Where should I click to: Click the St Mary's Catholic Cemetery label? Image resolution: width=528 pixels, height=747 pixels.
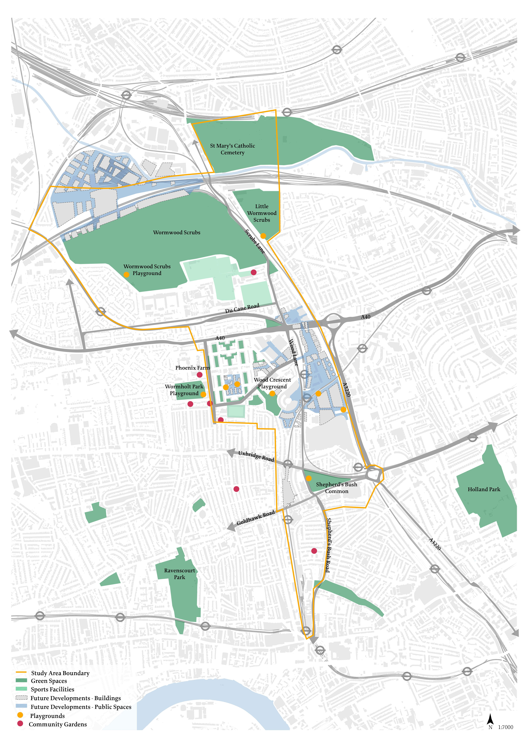tap(232, 149)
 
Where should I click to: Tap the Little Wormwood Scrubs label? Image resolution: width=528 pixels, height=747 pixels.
tap(262, 213)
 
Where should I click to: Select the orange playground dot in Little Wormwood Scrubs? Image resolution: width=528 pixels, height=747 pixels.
tap(263, 236)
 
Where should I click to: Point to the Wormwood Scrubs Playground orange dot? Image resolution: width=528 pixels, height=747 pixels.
tap(126, 275)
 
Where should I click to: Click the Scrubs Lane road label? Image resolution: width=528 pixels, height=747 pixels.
tap(255, 241)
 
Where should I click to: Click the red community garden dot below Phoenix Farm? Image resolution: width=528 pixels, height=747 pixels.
tap(200, 375)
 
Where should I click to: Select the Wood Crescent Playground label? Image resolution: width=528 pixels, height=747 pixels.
tap(272, 383)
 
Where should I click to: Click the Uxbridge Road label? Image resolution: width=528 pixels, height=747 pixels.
tap(256, 456)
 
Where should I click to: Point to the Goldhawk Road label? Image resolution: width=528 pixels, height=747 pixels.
tap(256, 518)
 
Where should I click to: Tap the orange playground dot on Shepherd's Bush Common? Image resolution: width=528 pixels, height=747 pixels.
tap(309, 478)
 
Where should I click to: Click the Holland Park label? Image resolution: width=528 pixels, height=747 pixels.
tap(484, 489)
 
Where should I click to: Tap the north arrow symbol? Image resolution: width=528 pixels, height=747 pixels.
tap(490, 719)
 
